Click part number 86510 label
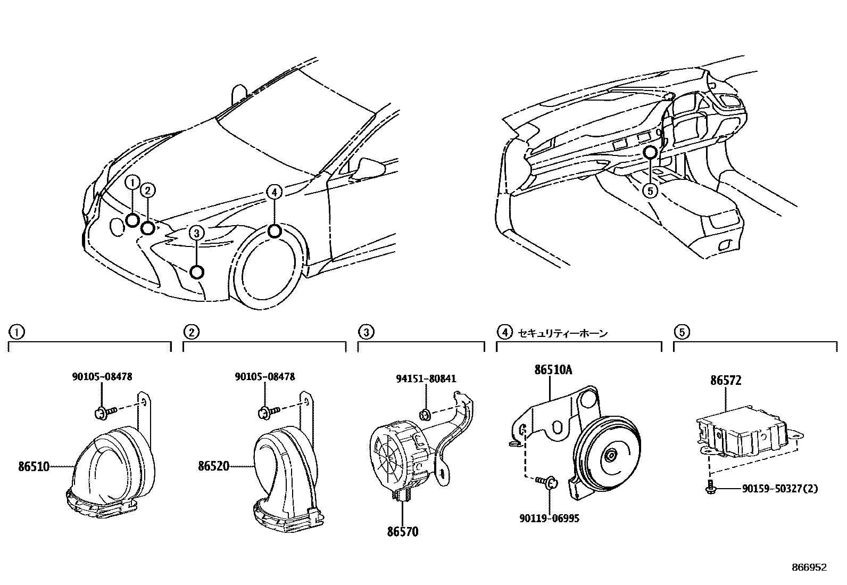tap(34, 467)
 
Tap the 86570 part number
tap(402, 531)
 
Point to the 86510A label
tap(553, 370)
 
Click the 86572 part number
tap(726, 381)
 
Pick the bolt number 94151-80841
tap(426, 379)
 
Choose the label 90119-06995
tap(550, 518)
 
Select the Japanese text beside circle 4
tap(563, 333)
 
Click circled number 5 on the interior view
tap(650, 189)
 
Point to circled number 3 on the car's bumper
tap(196, 232)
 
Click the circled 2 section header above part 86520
tap(191, 332)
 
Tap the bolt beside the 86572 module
tap(711, 486)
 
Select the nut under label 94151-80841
tap(426, 414)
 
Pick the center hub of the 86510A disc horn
tap(610, 455)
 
